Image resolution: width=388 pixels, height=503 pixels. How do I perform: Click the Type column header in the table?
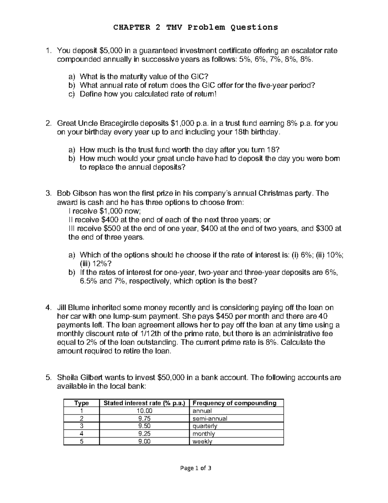[x=81, y=403]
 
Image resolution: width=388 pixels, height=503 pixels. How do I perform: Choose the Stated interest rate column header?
[x=144, y=403]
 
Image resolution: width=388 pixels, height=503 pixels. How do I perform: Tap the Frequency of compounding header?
[x=234, y=403]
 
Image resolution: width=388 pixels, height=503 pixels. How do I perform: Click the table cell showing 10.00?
[x=144, y=411]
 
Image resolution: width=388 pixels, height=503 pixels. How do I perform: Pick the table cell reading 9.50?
[x=144, y=426]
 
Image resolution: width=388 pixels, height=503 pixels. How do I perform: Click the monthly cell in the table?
[x=204, y=434]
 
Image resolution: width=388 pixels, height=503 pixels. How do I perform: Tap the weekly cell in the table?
[x=202, y=441]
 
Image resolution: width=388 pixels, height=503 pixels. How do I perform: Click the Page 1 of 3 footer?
[x=194, y=468]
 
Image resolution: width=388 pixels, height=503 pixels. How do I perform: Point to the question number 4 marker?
[x=48, y=308]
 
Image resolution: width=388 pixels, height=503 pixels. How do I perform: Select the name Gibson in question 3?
[x=85, y=194]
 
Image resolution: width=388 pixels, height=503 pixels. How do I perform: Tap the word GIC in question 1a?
[x=199, y=77]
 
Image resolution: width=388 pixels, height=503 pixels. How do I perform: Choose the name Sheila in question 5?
[x=67, y=378]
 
